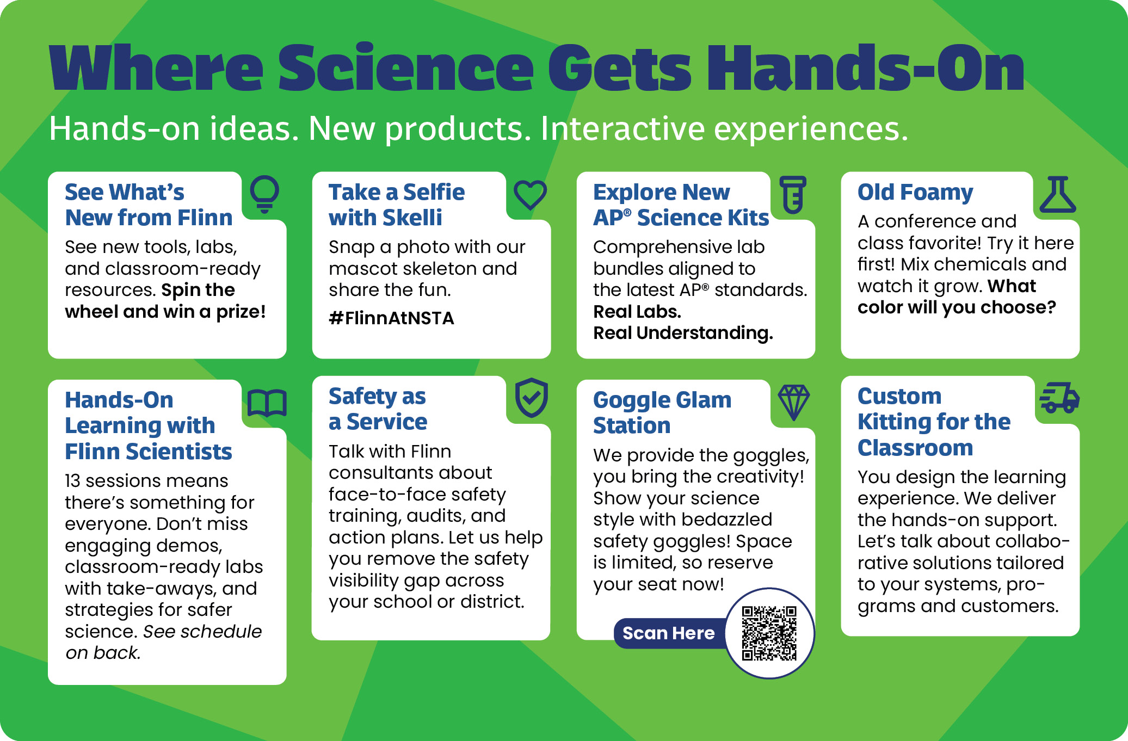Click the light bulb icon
pos(264,194)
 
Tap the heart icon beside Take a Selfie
pos(531,194)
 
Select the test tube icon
pos(793,194)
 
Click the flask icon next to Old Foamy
pos(1058,194)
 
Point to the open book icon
pos(267,403)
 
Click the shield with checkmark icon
pos(532,398)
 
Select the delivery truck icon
pos(1059,398)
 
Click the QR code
pos(769,633)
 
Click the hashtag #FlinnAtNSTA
pos(391,318)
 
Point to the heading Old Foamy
pos(915,193)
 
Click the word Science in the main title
pos(406,67)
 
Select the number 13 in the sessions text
pos(72,481)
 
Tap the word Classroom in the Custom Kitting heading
pos(915,448)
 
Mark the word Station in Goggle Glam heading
pos(632,425)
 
